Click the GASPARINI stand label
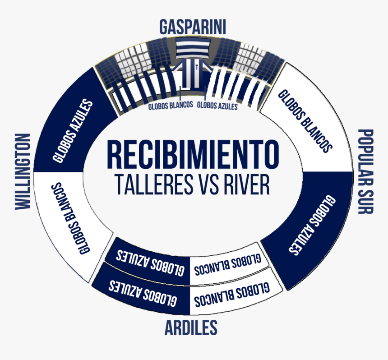[x=193, y=27]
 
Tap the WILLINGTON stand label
[x=23, y=172]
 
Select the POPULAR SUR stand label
[x=365, y=171]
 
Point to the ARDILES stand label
[x=191, y=328]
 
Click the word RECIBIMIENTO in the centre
[x=193, y=155]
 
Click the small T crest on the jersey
[x=196, y=67]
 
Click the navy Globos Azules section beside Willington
[x=74, y=126]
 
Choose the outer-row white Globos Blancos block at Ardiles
[x=233, y=295]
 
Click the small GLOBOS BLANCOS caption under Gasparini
[x=171, y=105]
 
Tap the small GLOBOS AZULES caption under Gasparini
[x=217, y=106]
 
